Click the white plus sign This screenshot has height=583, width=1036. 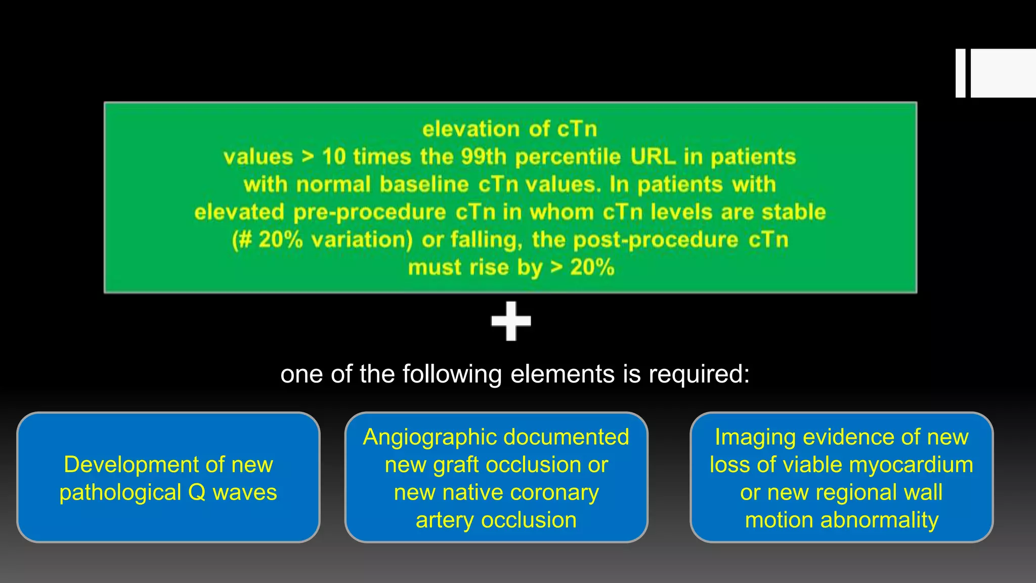pyautogui.click(x=511, y=321)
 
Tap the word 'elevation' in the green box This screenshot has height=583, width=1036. pyautogui.click(x=471, y=129)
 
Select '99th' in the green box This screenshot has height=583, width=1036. pyautogui.click(x=484, y=157)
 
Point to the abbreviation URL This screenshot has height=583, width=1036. pyautogui.click(x=653, y=157)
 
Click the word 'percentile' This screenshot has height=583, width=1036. pyautogui.click(x=568, y=157)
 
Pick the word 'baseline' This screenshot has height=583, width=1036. pyautogui.click(x=424, y=185)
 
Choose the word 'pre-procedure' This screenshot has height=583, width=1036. pyautogui.click(x=369, y=213)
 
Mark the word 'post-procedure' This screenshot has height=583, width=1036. pyautogui.click(x=656, y=240)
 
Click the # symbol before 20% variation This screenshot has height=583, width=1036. pyautogui.click(x=245, y=240)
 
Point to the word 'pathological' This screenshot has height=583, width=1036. pyautogui.click(x=120, y=492)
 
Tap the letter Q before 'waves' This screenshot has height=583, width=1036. pyautogui.click(x=197, y=492)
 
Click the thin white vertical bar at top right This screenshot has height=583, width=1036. pyautogui.click(x=960, y=73)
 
